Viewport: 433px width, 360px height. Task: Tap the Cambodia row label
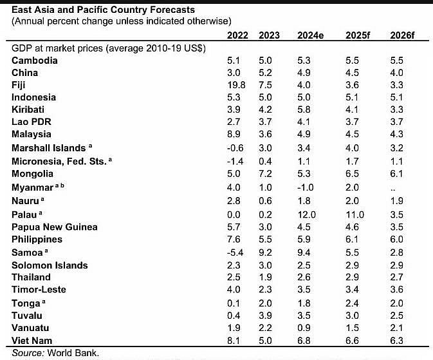(x=35, y=60)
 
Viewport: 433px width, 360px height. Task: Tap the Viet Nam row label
(x=33, y=340)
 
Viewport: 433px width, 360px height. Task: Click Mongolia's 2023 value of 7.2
(x=265, y=174)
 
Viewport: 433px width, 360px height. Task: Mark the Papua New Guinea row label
(x=55, y=227)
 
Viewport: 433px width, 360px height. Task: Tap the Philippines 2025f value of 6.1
(x=355, y=239)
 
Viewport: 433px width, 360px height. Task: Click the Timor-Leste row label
(x=39, y=289)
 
